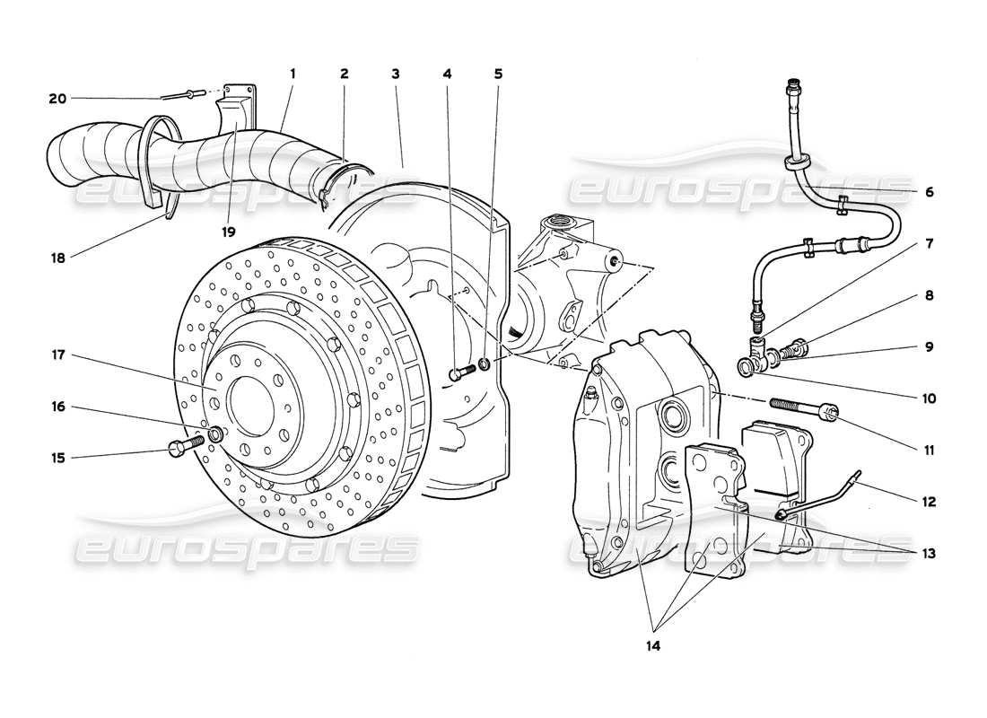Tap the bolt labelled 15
pos(179,446)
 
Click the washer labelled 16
pos(216,435)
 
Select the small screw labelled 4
pos(458,372)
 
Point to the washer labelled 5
pos(485,364)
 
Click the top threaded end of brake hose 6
pos(791,88)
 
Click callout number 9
pos(928,346)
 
